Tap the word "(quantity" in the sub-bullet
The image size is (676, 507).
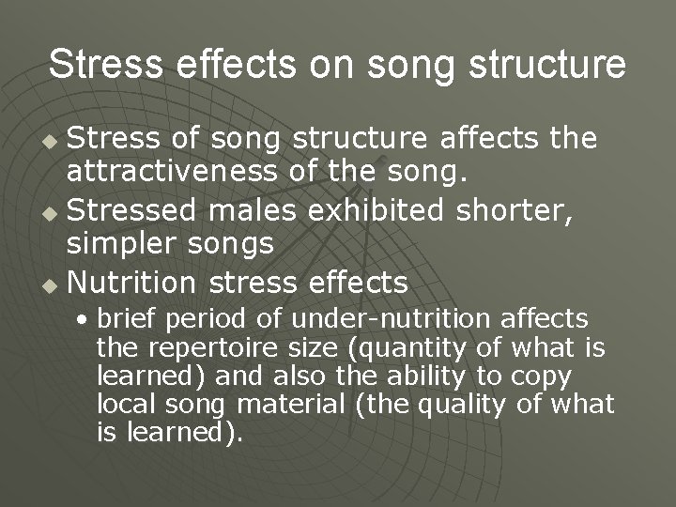(x=407, y=348)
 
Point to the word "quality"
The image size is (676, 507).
(x=462, y=405)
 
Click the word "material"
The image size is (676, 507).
(x=291, y=405)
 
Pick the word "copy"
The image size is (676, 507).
(x=545, y=376)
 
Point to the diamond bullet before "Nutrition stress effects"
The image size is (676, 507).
(x=53, y=284)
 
